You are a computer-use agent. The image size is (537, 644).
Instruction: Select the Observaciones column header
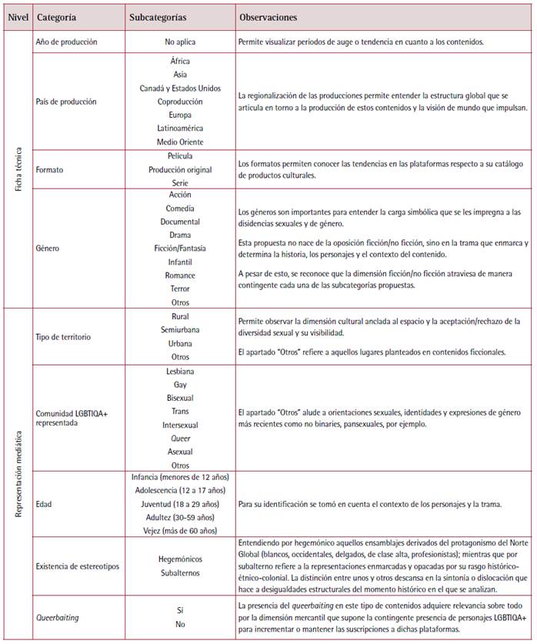[268, 16]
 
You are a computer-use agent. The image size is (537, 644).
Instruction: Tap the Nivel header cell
[17, 16]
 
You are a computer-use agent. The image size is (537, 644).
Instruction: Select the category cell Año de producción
[67, 42]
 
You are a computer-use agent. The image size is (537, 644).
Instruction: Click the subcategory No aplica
[180, 42]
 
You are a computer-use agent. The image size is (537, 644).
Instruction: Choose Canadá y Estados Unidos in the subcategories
[180, 88]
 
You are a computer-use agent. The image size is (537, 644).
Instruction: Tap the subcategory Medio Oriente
[180, 141]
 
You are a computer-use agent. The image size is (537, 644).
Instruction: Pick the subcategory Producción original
[180, 169]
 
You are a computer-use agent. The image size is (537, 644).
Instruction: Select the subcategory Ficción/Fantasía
[180, 249]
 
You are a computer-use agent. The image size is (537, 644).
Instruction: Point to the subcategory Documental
[180, 222]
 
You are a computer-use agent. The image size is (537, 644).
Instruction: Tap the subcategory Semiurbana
[180, 329]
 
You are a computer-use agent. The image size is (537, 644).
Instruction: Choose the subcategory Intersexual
[180, 425]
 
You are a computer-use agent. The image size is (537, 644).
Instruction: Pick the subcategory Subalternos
[180, 572]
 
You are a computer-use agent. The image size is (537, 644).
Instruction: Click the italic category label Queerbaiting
[60, 616]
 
